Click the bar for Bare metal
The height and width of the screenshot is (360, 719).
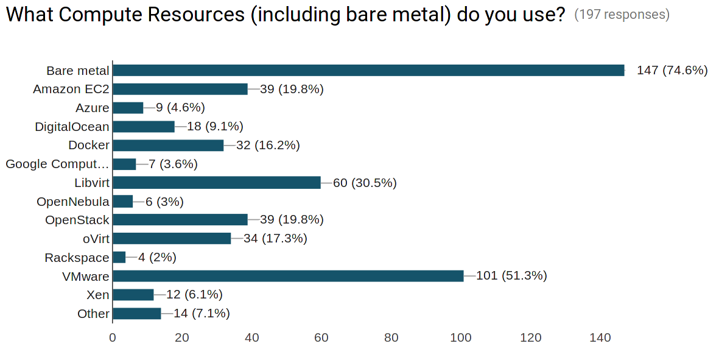tap(368, 71)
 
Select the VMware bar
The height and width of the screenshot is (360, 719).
tap(288, 276)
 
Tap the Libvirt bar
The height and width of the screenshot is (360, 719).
tap(217, 183)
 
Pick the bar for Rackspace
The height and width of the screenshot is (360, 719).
tap(119, 258)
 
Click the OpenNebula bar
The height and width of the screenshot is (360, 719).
tap(123, 202)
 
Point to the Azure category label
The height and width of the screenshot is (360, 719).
tap(93, 108)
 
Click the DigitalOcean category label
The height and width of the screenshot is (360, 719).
tap(72, 127)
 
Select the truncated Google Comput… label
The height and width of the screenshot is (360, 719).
tap(57, 164)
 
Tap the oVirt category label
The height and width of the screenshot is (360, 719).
tap(96, 239)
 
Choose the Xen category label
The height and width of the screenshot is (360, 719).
tap(98, 295)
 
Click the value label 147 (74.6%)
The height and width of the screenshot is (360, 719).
tap(672, 71)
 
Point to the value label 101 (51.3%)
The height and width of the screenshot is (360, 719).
tap(511, 276)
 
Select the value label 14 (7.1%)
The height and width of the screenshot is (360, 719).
tap(202, 314)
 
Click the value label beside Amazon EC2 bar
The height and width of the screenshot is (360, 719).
tap(292, 90)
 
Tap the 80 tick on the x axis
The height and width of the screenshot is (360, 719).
tap(391, 337)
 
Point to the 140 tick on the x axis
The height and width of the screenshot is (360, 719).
tap(600, 337)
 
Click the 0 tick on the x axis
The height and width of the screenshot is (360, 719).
tap(113, 337)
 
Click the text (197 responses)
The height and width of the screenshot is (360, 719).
tap(622, 15)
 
